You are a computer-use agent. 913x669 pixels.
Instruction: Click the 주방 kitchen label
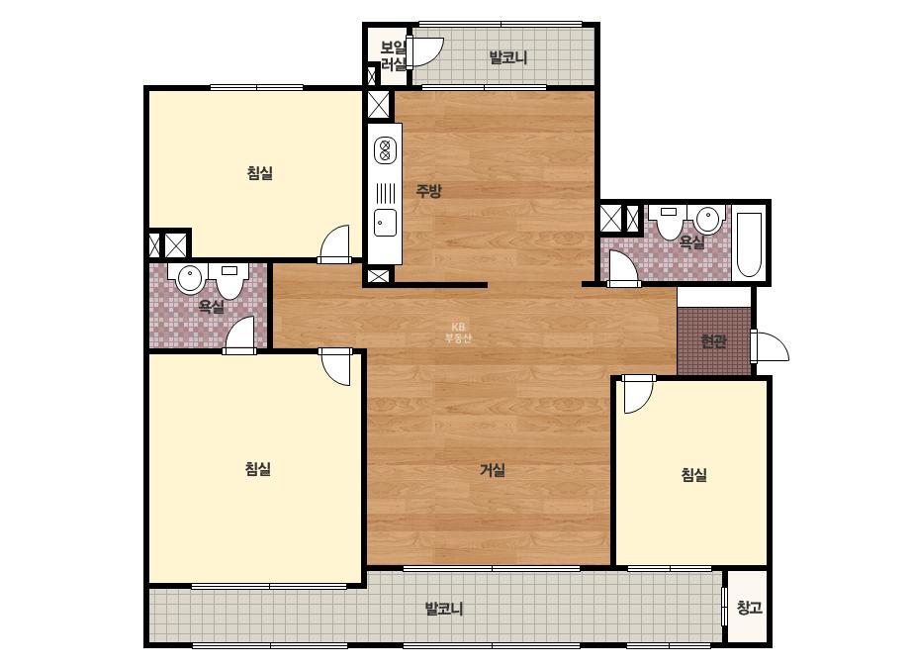point(428,191)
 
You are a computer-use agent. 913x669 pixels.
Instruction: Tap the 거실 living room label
point(492,470)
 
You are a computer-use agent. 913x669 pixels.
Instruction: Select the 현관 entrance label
point(713,340)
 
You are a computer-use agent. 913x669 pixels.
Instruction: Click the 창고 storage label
point(750,608)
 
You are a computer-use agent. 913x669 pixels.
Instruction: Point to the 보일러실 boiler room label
point(393,55)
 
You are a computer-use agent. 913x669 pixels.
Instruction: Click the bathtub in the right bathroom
point(749,244)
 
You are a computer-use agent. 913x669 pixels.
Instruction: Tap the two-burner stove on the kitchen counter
point(385,149)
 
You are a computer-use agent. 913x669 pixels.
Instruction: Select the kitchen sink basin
point(385,223)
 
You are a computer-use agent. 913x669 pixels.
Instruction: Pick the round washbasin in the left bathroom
point(189,278)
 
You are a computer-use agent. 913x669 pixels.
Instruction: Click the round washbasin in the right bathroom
point(708,218)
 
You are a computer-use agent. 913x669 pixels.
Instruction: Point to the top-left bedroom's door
point(334,243)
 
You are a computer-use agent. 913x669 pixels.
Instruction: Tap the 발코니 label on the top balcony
point(507,57)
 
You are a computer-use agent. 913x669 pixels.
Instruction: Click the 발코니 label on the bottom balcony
point(444,609)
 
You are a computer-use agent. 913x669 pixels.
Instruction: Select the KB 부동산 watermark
point(458,333)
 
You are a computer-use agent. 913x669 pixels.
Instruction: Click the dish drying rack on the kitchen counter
point(385,192)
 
